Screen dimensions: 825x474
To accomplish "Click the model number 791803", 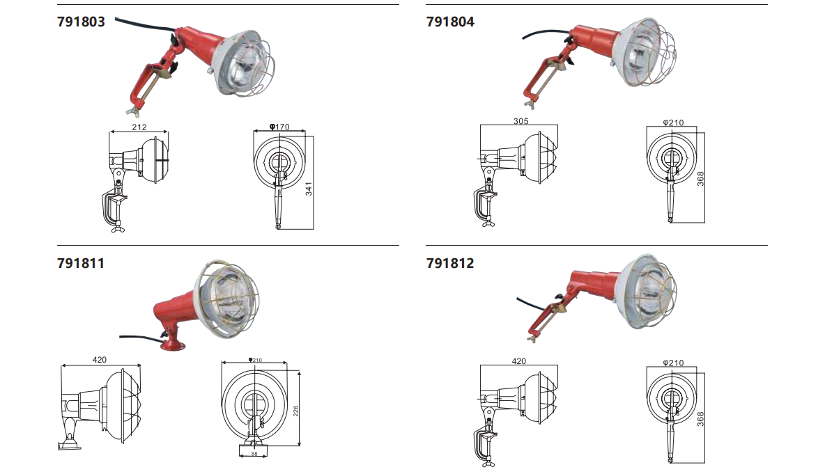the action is pyautogui.click(x=81, y=22).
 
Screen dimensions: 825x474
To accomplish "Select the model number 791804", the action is pyautogui.click(x=450, y=22).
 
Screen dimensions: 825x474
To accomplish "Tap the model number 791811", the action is pyautogui.click(x=81, y=262).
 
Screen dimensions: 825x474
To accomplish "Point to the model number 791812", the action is pyautogui.click(x=450, y=262).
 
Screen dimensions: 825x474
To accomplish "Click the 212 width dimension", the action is pyautogui.click(x=139, y=127).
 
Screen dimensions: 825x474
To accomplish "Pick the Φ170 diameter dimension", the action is pyautogui.click(x=279, y=127).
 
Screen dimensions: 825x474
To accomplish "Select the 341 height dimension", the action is pyautogui.click(x=309, y=189).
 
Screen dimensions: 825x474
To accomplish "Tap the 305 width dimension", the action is pyautogui.click(x=521, y=121).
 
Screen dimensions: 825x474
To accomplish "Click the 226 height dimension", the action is pyautogui.click(x=295, y=411).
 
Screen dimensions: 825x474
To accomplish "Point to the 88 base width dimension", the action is pyautogui.click(x=254, y=454).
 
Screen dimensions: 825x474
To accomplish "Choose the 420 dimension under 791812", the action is pyautogui.click(x=519, y=361).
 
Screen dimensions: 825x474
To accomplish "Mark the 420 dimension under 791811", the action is pyautogui.click(x=100, y=360).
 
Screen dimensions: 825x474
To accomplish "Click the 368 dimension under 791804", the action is pyautogui.click(x=700, y=179).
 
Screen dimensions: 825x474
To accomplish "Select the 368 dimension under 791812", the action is pyautogui.click(x=700, y=419).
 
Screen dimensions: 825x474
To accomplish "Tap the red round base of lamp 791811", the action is pyautogui.click(x=173, y=345).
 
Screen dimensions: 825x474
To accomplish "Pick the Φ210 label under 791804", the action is pyautogui.click(x=674, y=123).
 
